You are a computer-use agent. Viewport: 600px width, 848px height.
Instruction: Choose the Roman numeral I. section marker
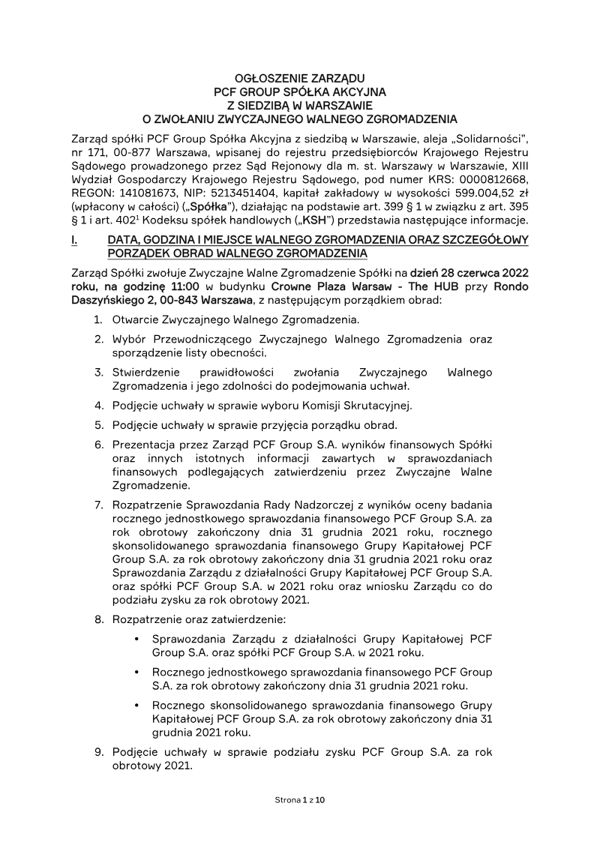coord(73,240)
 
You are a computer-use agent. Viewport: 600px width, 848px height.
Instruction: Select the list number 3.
coord(98,373)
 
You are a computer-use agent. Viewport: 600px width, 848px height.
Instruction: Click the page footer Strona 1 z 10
coord(299,801)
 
